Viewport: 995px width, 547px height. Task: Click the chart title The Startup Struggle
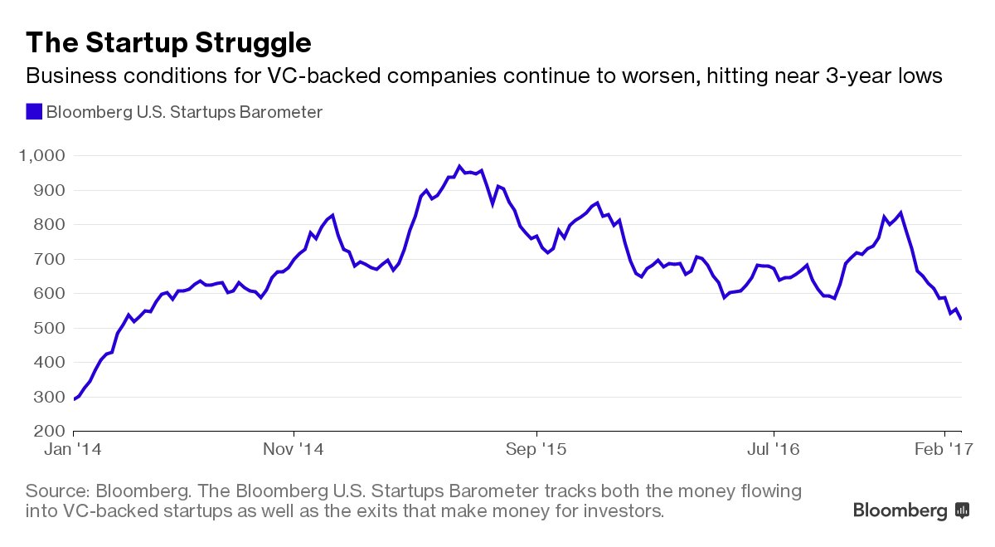169,42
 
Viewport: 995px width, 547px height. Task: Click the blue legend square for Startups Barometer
34,112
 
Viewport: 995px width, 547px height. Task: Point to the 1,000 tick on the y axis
41,156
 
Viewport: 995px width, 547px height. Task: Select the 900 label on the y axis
48,190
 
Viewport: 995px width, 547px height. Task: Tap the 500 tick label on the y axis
48,328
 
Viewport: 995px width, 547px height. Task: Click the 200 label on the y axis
48,432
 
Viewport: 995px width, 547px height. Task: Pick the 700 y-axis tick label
48,259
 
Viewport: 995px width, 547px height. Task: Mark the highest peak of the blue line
459,166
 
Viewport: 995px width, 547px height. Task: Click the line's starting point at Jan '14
75,399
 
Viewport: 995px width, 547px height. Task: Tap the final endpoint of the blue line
961,319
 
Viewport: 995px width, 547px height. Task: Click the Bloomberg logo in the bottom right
910,510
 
